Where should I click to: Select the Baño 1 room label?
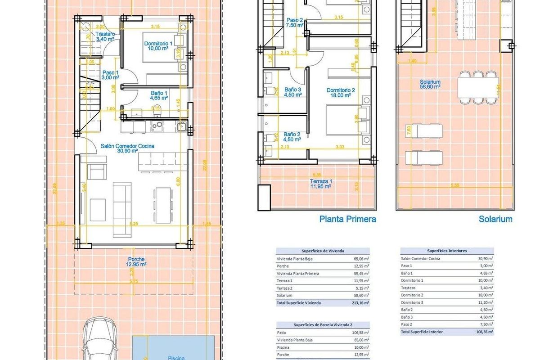158,95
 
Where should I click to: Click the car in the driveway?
100,340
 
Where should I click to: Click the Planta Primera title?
347,219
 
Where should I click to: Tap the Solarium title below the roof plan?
495,219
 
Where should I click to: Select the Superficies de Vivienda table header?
322,251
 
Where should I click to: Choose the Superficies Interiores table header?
447,251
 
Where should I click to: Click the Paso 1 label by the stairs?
110,75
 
